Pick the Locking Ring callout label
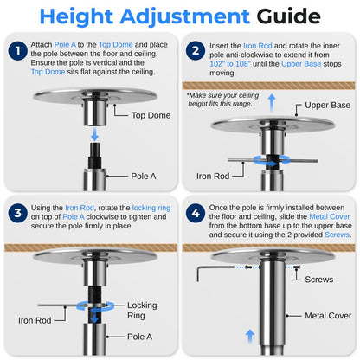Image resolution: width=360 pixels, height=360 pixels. (x=142, y=311)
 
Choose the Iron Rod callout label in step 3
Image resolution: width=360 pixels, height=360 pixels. (x=34, y=319)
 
